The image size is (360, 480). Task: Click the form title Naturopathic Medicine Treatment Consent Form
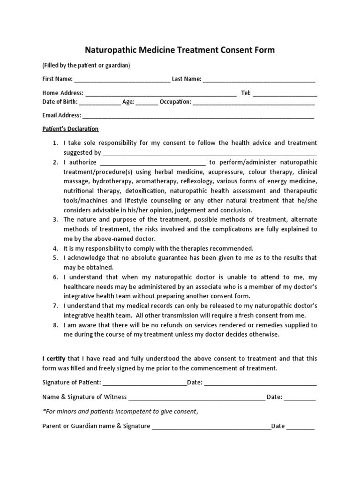[180, 50]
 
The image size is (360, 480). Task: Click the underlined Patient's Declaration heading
[70, 129]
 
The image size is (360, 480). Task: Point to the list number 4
[55, 248]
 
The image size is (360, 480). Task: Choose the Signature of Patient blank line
[144, 383]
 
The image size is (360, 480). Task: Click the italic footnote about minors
[120, 412]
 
